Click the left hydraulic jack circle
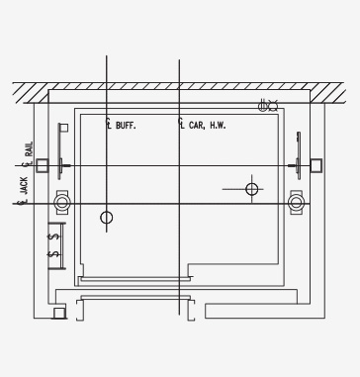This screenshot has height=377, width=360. coord(62,203)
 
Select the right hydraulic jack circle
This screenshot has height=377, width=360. coord(296,203)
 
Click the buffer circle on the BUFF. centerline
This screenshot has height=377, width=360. coord(106,218)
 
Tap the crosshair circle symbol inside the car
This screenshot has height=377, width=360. coord(252,189)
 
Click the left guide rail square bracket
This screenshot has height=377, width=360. coord(43,165)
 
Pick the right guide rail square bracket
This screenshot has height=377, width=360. coord(316,165)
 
